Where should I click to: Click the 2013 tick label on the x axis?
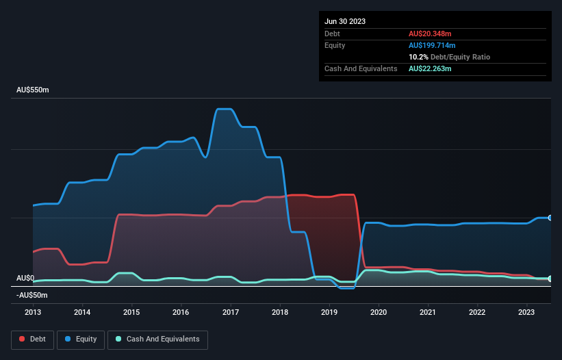[33, 312]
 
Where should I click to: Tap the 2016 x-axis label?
[181, 312]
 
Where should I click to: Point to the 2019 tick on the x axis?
[329, 312]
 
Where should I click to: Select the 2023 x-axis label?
[526, 312]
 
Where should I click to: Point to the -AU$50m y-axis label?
[31, 295]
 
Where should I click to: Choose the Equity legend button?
[81, 339]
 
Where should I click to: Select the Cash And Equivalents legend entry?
[157, 339]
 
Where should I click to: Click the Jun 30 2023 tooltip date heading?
[345, 21]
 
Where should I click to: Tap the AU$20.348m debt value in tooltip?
[430, 34]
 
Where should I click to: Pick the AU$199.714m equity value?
[432, 45]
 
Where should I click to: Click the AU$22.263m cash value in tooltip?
[430, 68]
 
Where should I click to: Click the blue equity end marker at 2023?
[550, 218]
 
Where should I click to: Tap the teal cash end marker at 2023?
[550, 279]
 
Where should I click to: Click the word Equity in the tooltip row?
[335, 45]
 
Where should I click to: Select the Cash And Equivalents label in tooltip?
[361, 68]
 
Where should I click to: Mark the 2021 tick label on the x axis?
[428, 312]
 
